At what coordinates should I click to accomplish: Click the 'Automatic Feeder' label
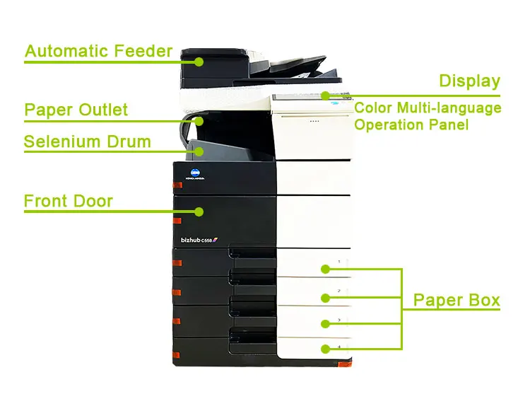98,51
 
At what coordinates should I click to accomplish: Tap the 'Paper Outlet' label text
76,110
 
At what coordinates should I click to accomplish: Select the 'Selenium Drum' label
88,141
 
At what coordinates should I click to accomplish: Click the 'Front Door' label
69,201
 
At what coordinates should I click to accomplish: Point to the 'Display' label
469,81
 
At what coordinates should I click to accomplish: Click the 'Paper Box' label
457,300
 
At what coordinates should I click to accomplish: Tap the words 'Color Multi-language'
428,108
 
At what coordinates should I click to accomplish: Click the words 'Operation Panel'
411,125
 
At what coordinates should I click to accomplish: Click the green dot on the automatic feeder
199,62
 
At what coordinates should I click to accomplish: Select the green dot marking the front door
199,212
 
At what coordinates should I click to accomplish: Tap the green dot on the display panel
325,96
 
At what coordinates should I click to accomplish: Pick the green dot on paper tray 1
325,269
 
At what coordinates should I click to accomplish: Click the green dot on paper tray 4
325,349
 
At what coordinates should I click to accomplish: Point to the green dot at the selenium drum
199,151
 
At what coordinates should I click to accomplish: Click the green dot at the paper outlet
199,121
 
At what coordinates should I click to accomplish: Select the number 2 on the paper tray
339,291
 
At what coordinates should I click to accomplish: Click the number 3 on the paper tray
339,320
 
